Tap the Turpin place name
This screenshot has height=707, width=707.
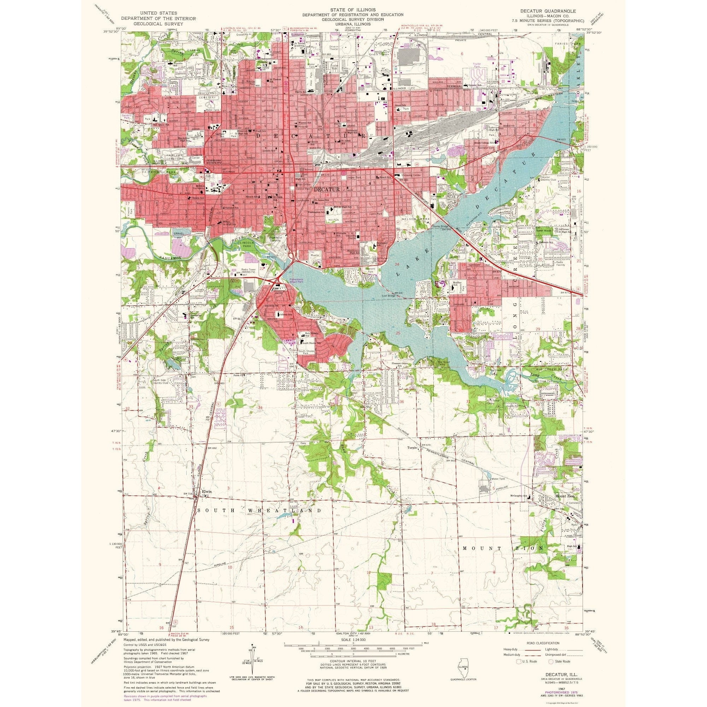(413, 448)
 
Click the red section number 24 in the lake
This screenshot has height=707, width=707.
(397, 264)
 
